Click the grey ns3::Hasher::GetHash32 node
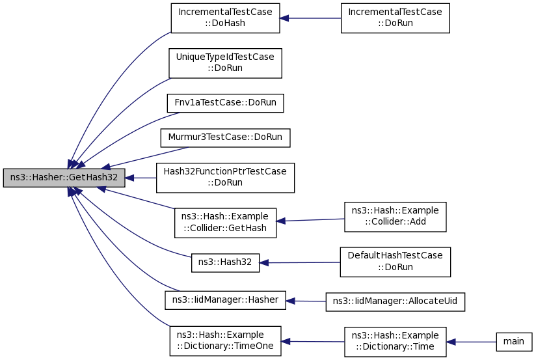63,178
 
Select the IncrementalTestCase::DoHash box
225,18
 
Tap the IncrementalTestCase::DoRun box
395,18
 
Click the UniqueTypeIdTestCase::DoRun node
225,63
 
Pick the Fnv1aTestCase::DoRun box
225,103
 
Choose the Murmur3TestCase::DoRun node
225,138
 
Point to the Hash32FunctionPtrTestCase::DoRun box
225,178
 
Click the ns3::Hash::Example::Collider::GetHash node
225,222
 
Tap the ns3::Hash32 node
225,264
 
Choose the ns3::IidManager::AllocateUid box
395,301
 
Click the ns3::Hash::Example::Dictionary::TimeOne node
225,341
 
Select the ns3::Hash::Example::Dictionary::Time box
395,342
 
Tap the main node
514,342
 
